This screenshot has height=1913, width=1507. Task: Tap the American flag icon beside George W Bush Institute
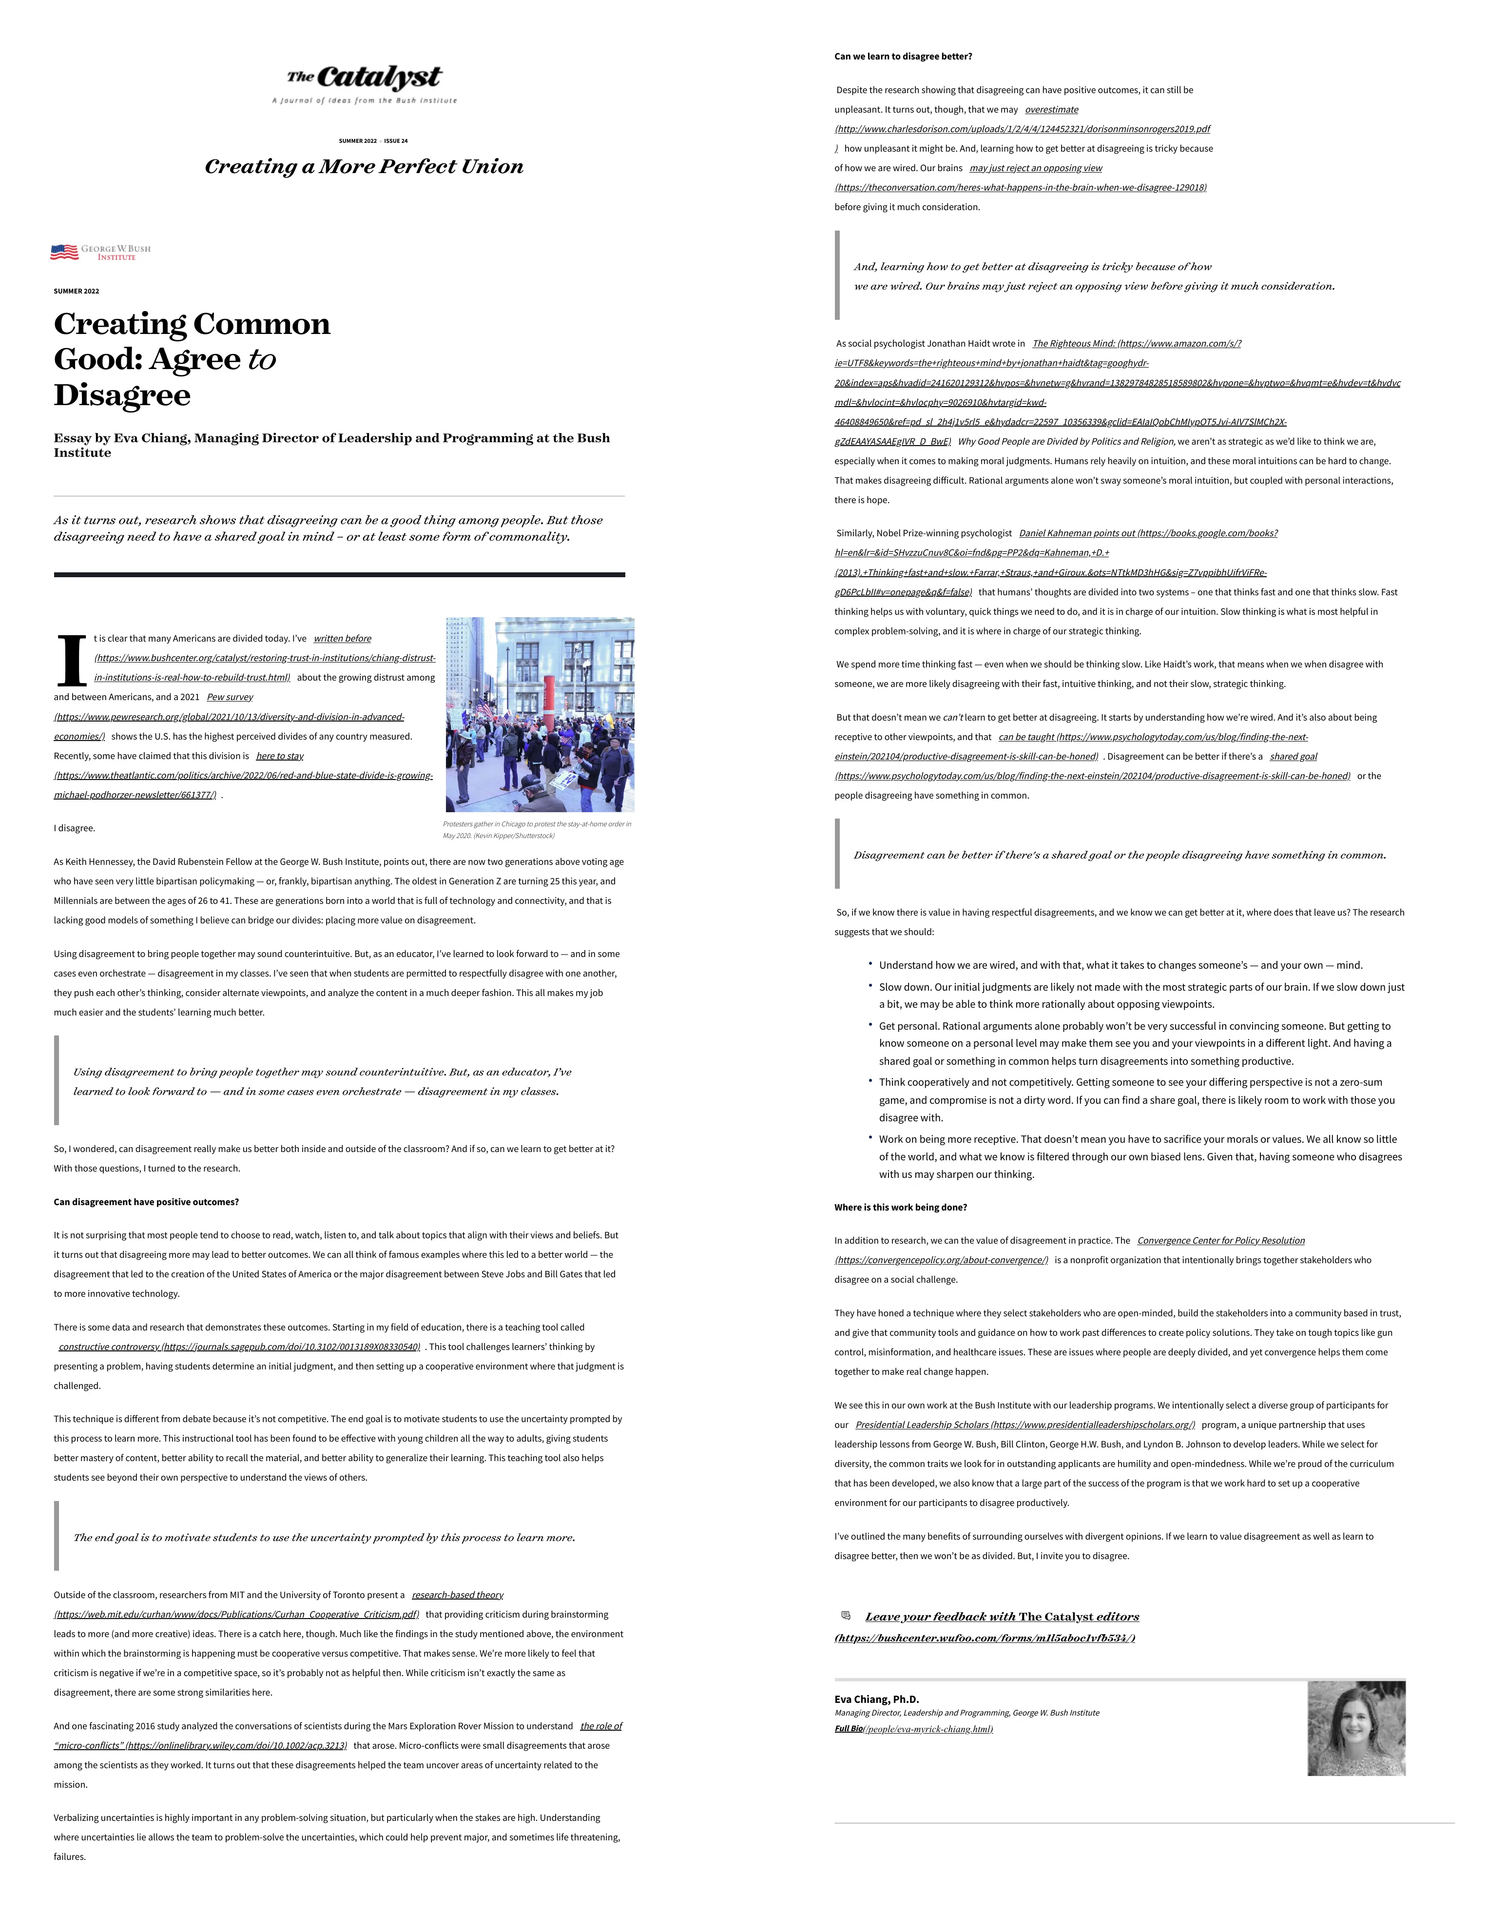[63, 253]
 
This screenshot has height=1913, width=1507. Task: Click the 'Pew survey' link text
[230, 697]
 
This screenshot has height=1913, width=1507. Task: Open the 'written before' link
[342, 638]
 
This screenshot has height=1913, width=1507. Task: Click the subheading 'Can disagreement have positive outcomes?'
[147, 1202]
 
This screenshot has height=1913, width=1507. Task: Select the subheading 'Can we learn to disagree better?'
[903, 57]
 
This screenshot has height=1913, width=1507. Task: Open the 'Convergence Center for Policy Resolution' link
[1220, 1241]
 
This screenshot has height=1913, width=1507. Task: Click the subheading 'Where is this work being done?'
[900, 1207]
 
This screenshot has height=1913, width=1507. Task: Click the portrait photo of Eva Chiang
[1355, 1728]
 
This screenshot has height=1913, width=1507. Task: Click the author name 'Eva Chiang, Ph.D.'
[876, 1698]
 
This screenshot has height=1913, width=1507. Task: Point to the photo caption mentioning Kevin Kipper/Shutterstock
[537, 829]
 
